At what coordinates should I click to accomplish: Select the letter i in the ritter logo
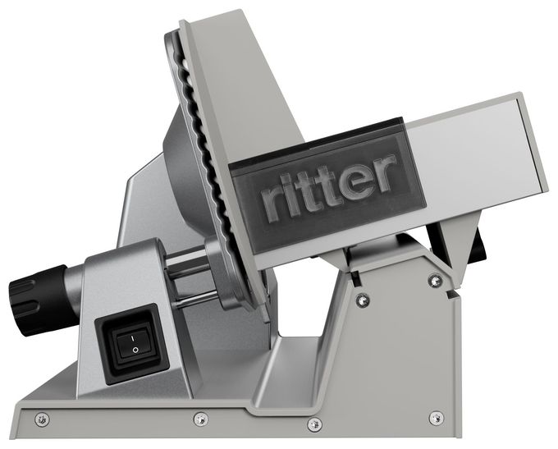288,200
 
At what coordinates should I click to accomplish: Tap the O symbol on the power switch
135,350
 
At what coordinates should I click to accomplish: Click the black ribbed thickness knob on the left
39,300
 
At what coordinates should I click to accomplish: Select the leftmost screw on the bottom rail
42,419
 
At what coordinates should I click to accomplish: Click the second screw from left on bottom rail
201,419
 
